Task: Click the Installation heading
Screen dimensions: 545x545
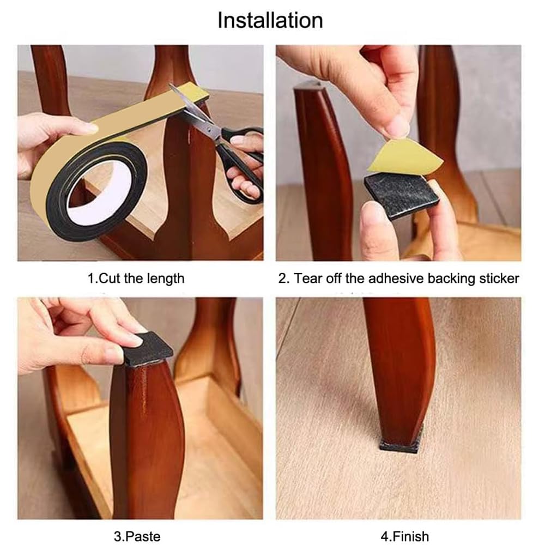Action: (x=270, y=20)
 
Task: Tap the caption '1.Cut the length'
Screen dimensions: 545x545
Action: (x=136, y=278)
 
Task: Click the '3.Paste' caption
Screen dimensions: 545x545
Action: (x=137, y=536)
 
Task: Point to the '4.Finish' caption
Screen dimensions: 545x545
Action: (x=404, y=536)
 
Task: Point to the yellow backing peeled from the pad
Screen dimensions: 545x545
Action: (x=405, y=157)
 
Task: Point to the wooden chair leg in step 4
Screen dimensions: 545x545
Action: (x=399, y=368)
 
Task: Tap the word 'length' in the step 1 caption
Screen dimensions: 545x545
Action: (x=166, y=279)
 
